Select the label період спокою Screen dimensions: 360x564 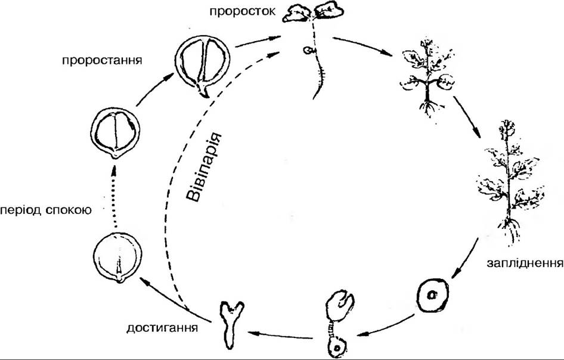pos(45,211)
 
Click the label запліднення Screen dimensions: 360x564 pos(525,262)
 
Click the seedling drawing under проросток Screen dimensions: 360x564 pos(312,42)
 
